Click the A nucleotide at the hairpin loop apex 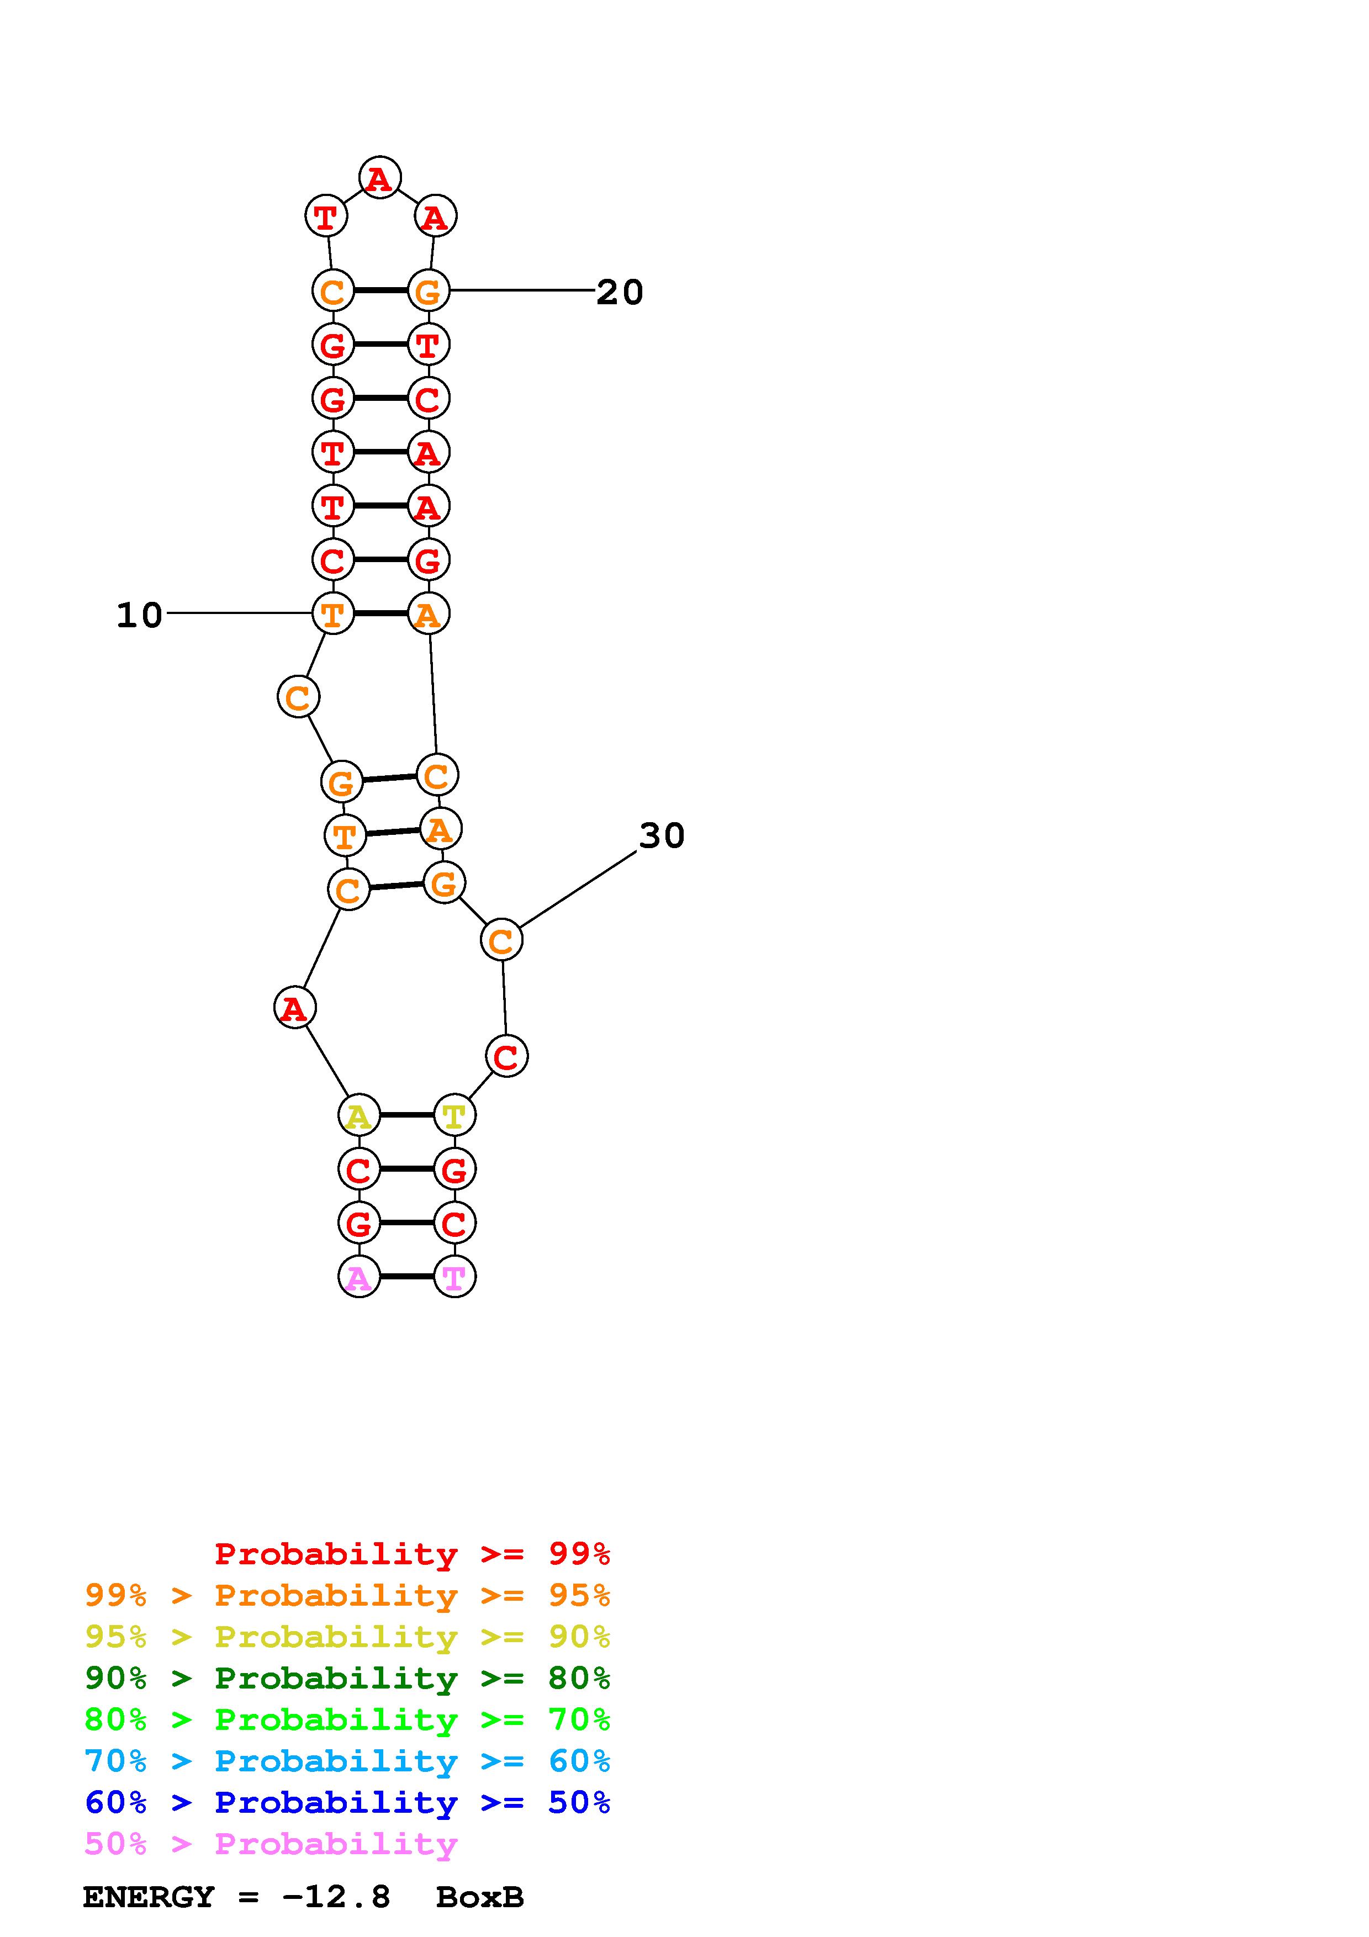click(379, 178)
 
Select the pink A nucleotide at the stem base click(360, 1277)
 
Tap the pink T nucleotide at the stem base click(454, 1277)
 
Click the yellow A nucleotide click(360, 1115)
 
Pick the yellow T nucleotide click(454, 1115)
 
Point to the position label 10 click(139, 615)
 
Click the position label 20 click(620, 292)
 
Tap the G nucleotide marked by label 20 click(429, 291)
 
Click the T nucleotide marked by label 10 click(333, 613)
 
